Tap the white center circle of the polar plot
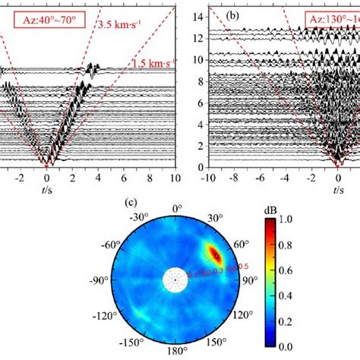click(175, 281)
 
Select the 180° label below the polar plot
click(175, 352)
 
